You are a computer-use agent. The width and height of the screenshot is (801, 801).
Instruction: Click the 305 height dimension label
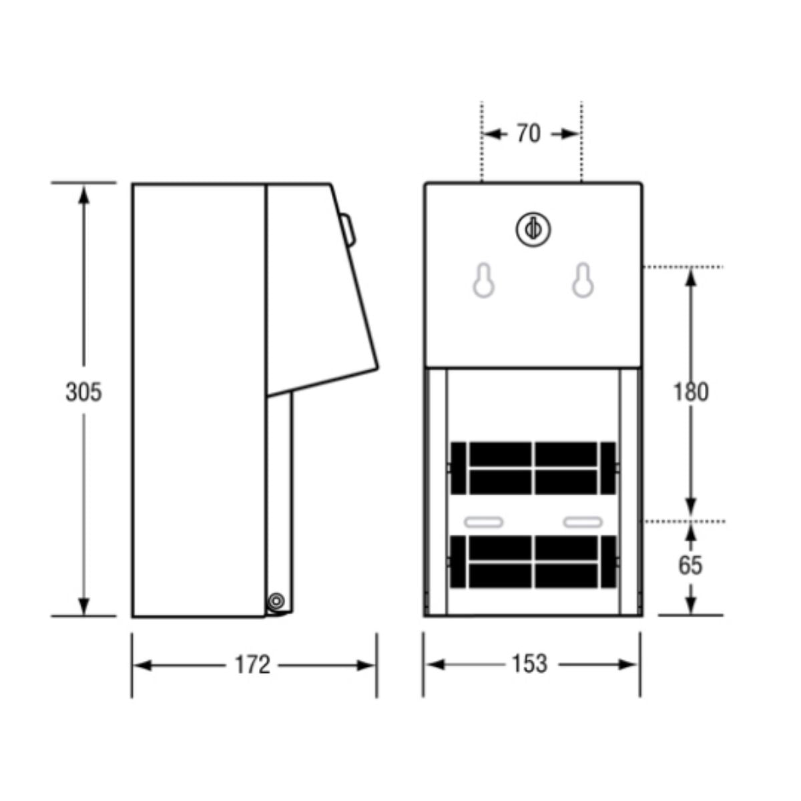click(84, 392)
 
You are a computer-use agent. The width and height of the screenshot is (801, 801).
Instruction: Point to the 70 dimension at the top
click(528, 134)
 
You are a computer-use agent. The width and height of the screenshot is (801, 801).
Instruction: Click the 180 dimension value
click(690, 392)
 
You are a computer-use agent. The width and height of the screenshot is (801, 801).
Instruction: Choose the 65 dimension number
click(690, 565)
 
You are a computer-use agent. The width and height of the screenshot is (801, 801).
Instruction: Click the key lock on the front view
click(532, 229)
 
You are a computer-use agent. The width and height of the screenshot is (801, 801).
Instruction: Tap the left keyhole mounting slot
click(483, 281)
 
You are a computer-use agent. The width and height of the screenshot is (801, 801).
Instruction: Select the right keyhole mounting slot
click(582, 281)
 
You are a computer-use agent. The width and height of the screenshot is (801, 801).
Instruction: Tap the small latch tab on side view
click(348, 229)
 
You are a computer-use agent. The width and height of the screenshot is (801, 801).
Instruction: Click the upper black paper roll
click(533, 468)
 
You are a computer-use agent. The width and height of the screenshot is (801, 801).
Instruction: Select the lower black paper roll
click(533, 561)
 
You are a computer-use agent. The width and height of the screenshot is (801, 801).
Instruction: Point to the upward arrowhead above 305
click(84, 194)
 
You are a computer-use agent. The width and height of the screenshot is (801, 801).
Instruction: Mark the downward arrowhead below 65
click(691, 604)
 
